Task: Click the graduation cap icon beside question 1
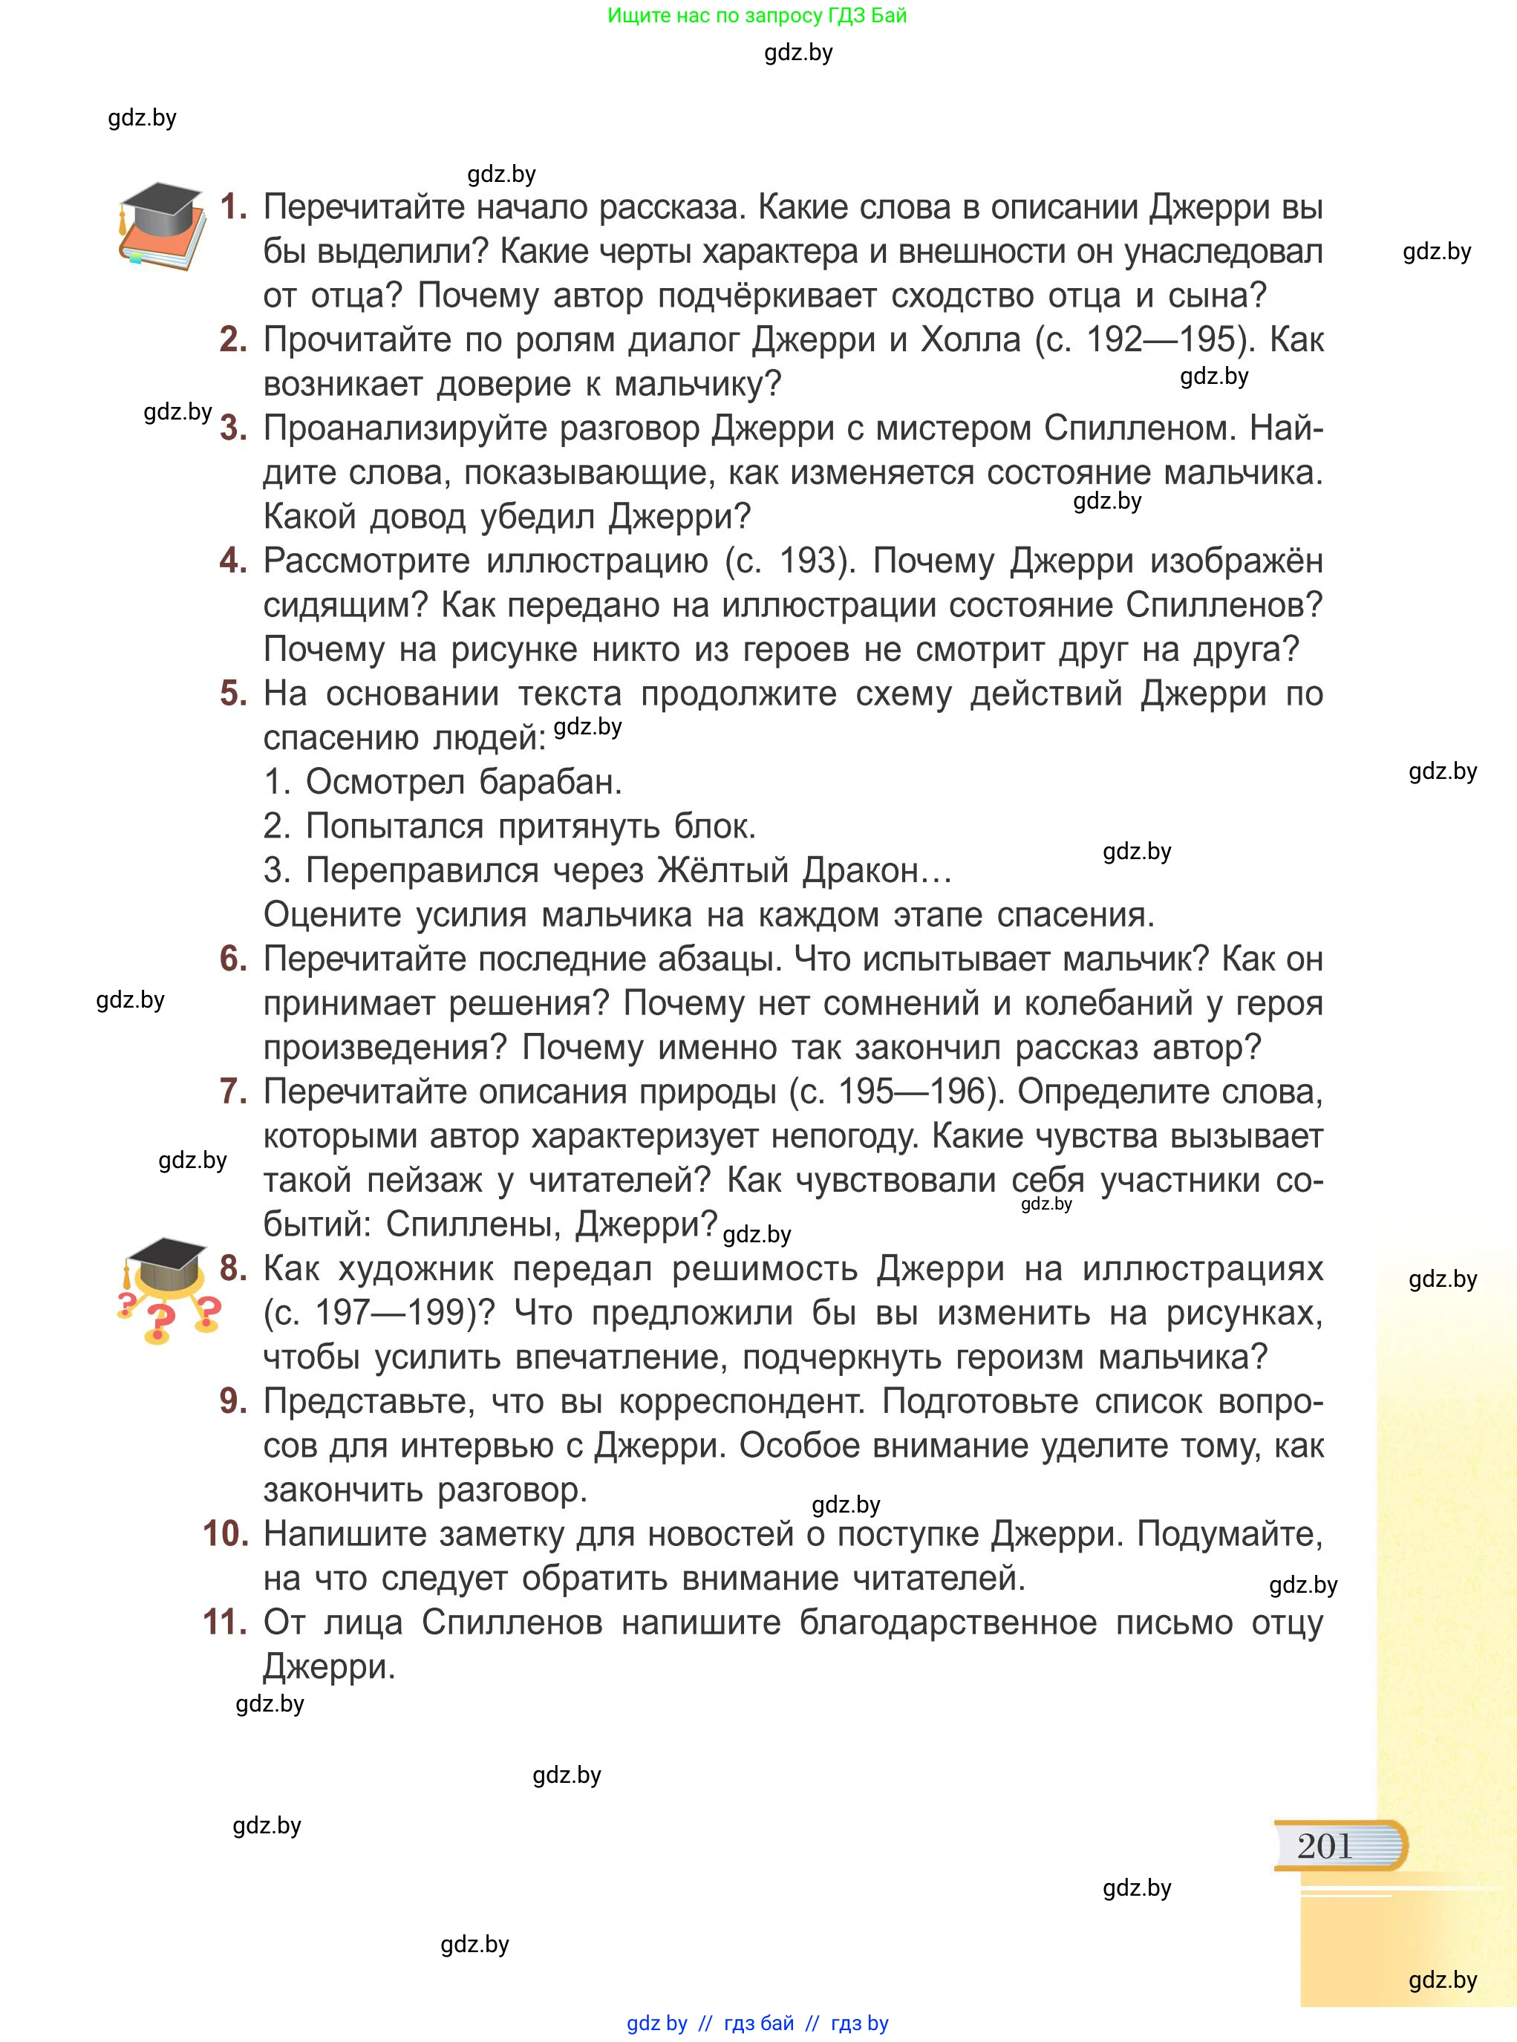coord(162,226)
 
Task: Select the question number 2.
coord(233,341)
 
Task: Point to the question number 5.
coord(233,694)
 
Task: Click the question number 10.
coord(225,1534)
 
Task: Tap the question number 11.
coord(225,1622)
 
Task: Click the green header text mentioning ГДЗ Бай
coord(757,16)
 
